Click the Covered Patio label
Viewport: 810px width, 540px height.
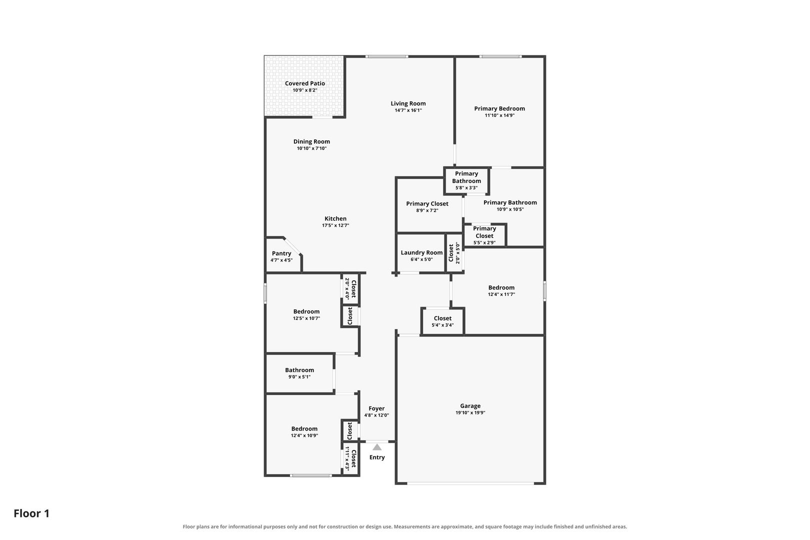[305, 83]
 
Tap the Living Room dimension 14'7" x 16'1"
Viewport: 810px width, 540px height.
[408, 110]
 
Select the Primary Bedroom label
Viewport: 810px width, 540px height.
[499, 108]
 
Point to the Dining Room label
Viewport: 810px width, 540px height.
[311, 141]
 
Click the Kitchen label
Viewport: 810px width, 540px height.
[335, 218]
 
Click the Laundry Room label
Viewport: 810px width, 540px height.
[421, 252]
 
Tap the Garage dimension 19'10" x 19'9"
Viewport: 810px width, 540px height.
[470, 412]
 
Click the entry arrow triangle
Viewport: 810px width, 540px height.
[377, 447]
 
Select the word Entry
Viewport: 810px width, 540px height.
[377, 457]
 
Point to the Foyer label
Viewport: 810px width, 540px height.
[376, 408]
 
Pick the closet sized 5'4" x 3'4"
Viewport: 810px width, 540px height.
[442, 321]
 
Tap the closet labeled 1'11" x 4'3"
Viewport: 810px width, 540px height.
[350, 458]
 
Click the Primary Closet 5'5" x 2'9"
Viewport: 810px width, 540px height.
[484, 235]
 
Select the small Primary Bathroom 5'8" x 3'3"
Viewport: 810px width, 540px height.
[466, 180]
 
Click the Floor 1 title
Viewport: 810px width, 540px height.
[31, 513]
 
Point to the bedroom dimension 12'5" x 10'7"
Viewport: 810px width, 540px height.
[306, 318]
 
